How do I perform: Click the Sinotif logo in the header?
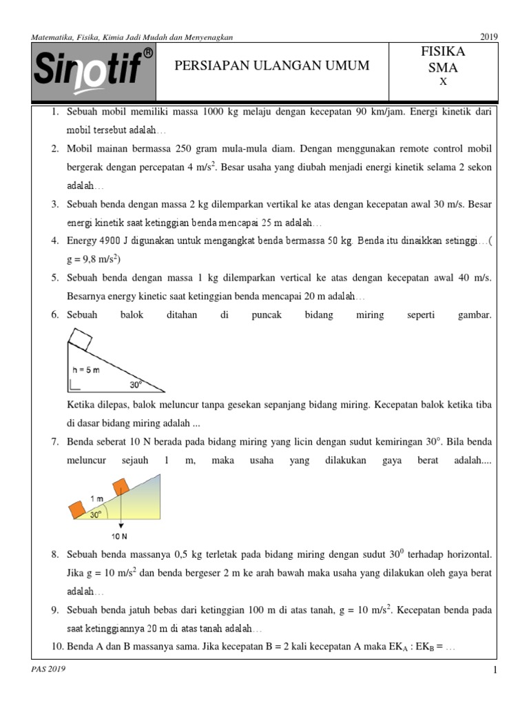coord(94,71)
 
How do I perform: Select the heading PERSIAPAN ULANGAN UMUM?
coord(272,65)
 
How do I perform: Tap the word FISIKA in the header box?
coord(443,52)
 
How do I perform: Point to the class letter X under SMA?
coord(443,82)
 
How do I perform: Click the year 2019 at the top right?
coord(488,36)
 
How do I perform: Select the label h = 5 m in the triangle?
coord(86,370)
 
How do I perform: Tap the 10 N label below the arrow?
coord(119,534)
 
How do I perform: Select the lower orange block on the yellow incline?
coord(76,511)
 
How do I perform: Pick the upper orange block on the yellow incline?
coord(121,487)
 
